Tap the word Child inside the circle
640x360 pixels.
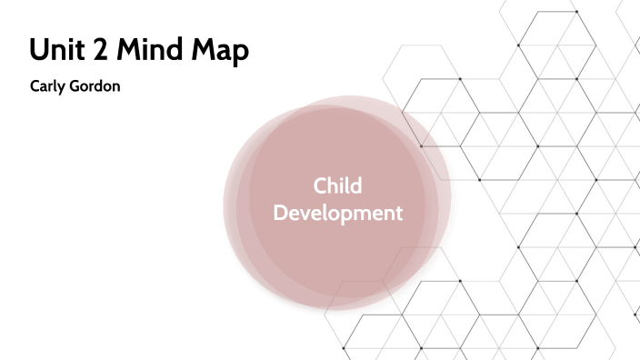click(x=337, y=186)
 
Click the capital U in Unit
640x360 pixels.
click(x=38, y=52)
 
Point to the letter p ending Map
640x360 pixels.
click(x=240, y=55)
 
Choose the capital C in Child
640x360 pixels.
click(x=320, y=186)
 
